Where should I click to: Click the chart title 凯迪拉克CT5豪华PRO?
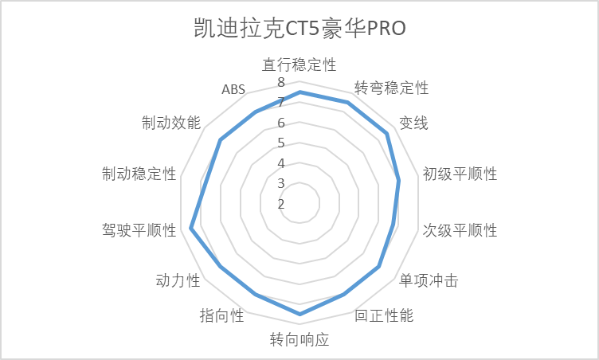299,28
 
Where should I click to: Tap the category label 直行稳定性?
299,65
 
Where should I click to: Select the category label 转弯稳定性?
391,88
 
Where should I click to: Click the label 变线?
413,123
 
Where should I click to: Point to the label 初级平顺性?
460,174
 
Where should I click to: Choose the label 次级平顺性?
460,230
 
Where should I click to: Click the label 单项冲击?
429,281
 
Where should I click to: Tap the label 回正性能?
384,315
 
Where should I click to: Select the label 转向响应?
299,339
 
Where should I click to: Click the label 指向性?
222,315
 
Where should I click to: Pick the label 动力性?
178,281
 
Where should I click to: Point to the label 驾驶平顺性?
139,230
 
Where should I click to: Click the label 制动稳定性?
139,174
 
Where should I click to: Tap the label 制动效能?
171,123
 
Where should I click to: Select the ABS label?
233,89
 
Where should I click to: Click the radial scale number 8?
281,82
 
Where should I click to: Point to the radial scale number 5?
281,143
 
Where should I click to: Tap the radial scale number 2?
281,204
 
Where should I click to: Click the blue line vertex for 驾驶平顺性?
191,229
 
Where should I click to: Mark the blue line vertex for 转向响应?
299,314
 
